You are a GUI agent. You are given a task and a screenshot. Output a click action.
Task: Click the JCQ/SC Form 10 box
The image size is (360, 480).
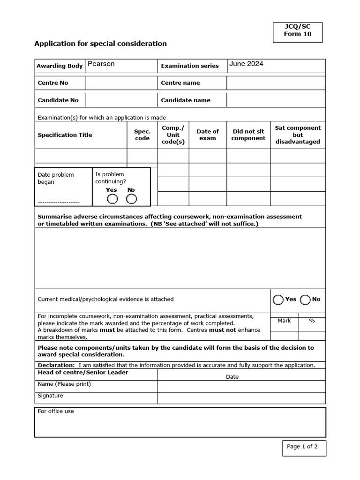click(x=299, y=30)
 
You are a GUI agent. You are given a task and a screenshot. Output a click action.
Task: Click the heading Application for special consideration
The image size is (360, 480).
click(x=100, y=44)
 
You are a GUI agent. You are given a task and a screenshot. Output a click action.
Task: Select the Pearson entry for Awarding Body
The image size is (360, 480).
click(x=101, y=64)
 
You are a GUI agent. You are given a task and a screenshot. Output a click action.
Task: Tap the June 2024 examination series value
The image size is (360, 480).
click(x=246, y=64)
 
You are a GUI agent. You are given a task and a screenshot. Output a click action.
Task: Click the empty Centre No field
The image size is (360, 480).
click(x=121, y=83)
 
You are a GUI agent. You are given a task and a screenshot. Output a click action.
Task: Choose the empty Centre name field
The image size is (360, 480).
click(x=276, y=83)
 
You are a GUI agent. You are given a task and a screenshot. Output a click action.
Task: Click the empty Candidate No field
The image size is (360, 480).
click(x=121, y=100)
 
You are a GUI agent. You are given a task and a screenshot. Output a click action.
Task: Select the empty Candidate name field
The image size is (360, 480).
click(x=276, y=100)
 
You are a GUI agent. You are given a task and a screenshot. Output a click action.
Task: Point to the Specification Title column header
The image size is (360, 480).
click(x=65, y=135)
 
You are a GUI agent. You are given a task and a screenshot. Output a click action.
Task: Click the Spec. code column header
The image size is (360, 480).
click(x=142, y=135)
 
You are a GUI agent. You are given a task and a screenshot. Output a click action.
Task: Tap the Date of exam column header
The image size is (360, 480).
click(x=208, y=135)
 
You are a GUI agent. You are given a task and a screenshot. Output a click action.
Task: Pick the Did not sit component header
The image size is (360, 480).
click(x=248, y=135)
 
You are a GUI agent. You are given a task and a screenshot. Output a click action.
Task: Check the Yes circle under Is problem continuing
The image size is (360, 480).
click(x=112, y=199)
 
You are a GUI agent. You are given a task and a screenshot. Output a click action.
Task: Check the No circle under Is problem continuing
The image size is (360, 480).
click(x=132, y=199)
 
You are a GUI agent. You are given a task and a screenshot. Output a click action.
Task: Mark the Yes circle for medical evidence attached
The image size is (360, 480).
click(x=278, y=300)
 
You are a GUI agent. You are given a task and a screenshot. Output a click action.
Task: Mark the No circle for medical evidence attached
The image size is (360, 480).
click(x=306, y=300)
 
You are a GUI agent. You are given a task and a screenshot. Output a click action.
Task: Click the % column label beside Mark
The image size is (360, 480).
click(x=312, y=321)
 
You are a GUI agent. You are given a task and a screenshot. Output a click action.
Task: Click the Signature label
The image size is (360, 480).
click(x=50, y=396)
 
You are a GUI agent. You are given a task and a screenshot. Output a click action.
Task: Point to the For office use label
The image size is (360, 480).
click(x=55, y=412)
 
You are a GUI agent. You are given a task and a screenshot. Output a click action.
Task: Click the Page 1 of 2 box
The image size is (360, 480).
click(x=302, y=447)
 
